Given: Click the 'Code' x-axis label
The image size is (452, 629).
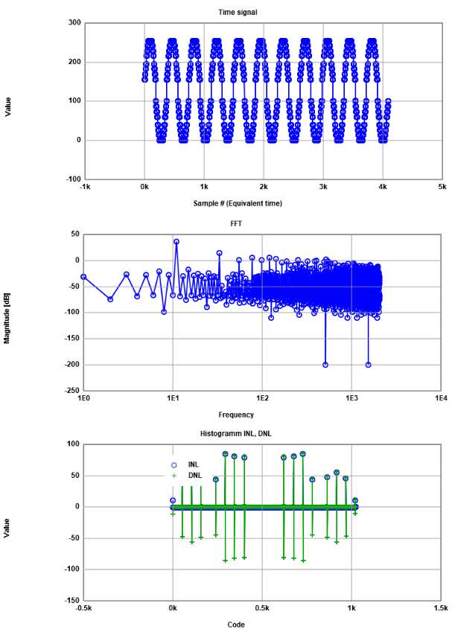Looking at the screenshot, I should tap(235, 625).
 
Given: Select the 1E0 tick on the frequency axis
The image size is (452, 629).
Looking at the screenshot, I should tap(84, 397).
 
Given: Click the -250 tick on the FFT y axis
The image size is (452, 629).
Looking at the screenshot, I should tap(71, 390).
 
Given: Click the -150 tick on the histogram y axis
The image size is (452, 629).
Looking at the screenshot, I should tap(71, 600).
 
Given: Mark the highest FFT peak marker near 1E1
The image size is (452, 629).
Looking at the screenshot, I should tap(176, 241).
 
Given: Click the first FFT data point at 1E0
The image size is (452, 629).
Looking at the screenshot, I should tap(84, 276).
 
